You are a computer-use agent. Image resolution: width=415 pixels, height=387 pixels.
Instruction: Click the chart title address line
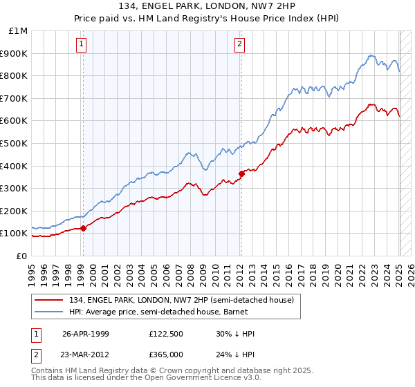(x=207, y=7)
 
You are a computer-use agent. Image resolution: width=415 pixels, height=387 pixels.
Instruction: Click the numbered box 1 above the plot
(x=82, y=45)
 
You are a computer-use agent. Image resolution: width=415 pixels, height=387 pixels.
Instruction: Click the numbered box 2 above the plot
(x=239, y=45)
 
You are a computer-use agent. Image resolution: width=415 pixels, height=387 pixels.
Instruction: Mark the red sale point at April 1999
(x=84, y=227)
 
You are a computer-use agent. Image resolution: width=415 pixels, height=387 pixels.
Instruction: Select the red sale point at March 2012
(x=241, y=173)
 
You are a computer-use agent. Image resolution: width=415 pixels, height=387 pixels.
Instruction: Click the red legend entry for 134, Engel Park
(x=178, y=300)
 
